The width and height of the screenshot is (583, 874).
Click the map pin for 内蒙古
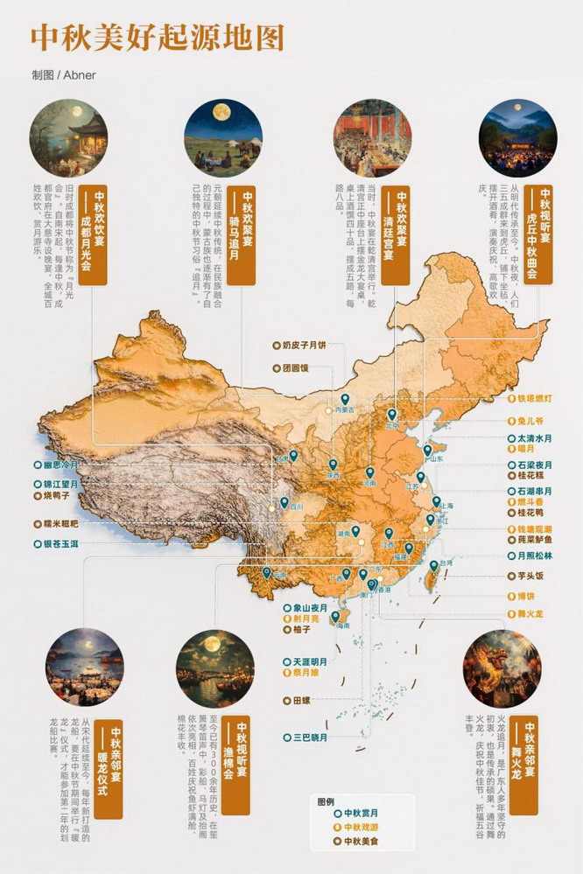(x=345, y=399)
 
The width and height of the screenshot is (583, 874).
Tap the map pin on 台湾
(x=432, y=566)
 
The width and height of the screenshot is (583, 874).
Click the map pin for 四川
(x=284, y=502)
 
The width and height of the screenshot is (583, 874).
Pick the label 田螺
(x=301, y=700)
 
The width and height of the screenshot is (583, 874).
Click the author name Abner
(x=78, y=75)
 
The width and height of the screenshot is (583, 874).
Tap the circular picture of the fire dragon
(x=502, y=668)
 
